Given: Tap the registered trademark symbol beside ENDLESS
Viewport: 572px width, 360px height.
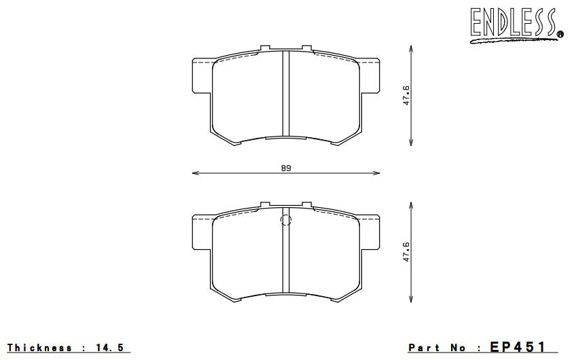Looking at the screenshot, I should [x=559, y=33].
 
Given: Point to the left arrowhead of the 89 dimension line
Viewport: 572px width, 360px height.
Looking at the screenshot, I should [x=196, y=173].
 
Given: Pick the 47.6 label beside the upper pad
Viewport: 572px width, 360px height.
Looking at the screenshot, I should [x=406, y=95].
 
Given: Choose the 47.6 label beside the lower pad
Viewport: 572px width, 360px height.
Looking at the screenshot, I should [x=406, y=251].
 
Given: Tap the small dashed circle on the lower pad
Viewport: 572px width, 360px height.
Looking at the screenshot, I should [x=285, y=219].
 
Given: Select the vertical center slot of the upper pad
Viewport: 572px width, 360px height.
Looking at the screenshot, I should [x=286, y=95].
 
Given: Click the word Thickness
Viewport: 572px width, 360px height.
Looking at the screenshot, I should [x=40, y=348].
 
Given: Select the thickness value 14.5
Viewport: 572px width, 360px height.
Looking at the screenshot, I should [x=110, y=348].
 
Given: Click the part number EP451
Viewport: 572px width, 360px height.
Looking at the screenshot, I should [x=518, y=347].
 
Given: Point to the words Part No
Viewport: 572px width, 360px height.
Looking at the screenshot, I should [x=438, y=348].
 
